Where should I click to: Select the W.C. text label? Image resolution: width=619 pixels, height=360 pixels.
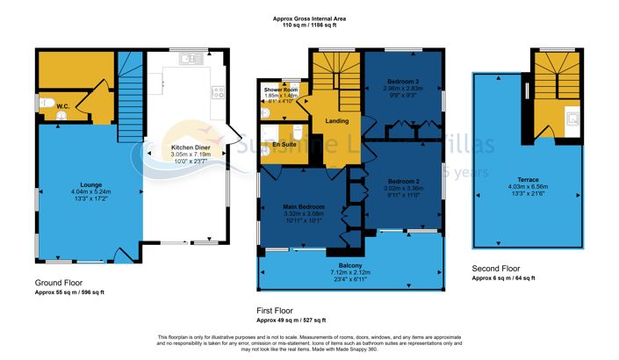coord(62,107)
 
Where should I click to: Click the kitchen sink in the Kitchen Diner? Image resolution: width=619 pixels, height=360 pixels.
coord(185,59)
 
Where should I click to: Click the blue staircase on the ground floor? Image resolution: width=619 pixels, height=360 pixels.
coord(130,91)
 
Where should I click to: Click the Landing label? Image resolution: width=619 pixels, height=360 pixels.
coord(337,121)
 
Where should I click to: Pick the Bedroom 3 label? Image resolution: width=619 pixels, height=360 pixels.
coord(403,81)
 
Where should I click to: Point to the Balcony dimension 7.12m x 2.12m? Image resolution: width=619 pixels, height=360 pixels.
coord(349,272)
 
